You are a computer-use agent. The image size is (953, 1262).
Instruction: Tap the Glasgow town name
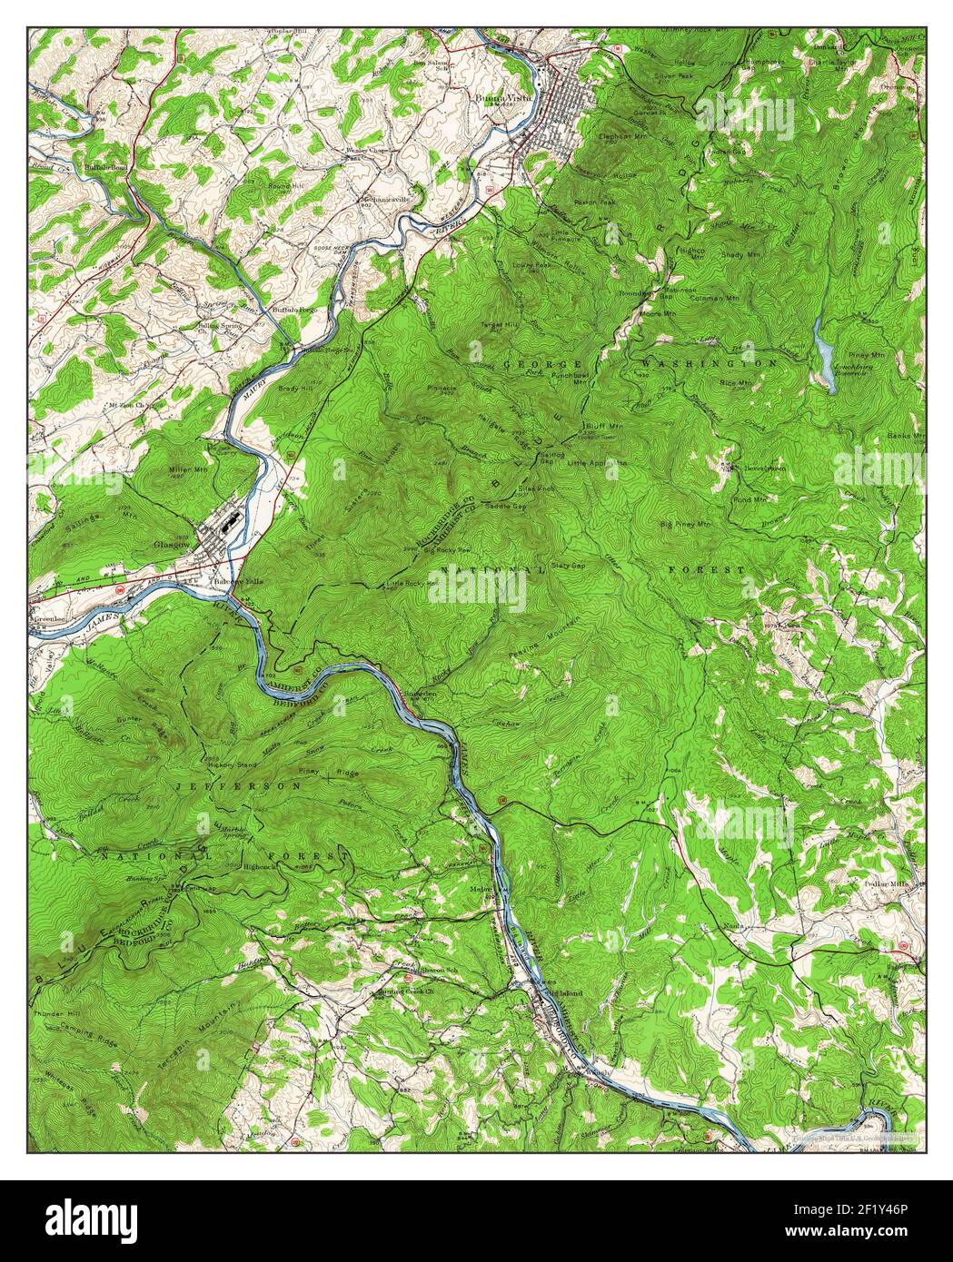pos(170,545)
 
